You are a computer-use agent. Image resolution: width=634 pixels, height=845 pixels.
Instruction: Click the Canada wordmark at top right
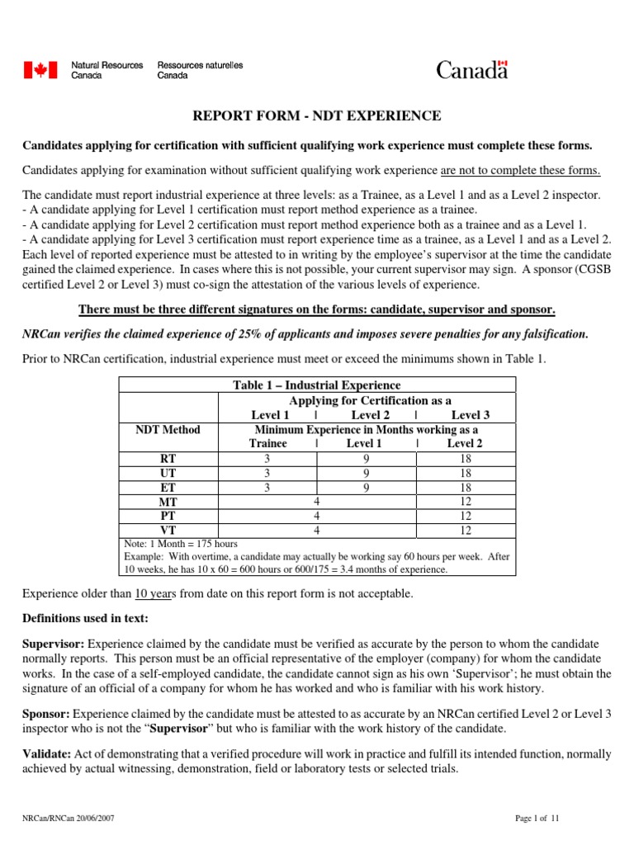(471, 70)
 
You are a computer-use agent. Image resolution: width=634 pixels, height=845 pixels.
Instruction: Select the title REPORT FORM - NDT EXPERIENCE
(317, 116)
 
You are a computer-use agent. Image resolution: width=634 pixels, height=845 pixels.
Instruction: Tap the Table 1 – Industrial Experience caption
(318, 385)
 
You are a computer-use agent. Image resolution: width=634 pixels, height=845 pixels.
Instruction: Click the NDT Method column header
(168, 430)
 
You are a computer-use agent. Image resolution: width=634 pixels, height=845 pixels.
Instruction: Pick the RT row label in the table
(168, 459)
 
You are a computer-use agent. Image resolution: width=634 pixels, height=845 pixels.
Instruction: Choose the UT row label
(168, 473)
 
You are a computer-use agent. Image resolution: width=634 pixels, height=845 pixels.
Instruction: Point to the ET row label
(168, 487)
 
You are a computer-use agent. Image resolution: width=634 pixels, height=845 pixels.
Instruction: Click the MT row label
(168, 502)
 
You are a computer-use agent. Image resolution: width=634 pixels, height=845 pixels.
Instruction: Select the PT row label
(168, 516)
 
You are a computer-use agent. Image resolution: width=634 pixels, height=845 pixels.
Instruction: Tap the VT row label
(168, 530)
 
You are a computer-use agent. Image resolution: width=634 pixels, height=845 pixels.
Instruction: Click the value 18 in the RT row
(466, 459)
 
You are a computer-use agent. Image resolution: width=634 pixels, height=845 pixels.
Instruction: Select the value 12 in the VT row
(466, 530)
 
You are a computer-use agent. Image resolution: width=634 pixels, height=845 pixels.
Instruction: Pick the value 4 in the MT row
(317, 502)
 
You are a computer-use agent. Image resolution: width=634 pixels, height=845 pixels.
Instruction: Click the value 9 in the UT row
(367, 473)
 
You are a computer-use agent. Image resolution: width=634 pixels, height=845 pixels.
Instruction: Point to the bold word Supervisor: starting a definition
(52, 643)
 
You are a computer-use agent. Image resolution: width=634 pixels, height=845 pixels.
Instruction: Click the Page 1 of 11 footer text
(537, 819)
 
